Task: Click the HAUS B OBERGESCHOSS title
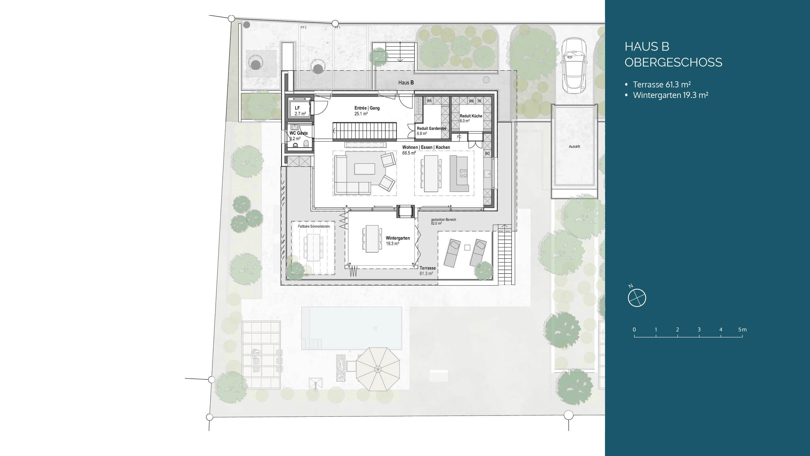tap(673, 54)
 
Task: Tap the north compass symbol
tap(637, 298)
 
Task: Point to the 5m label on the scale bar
tap(742, 330)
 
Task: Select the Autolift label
tap(574, 147)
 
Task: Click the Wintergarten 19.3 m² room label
tap(398, 241)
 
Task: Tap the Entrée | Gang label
tap(367, 108)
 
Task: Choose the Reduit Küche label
tap(471, 116)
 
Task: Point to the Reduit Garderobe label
tap(432, 128)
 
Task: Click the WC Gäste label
tap(298, 133)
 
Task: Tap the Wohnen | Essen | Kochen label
tap(426, 147)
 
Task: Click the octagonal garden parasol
tap(378, 369)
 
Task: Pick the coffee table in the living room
tap(364, 169)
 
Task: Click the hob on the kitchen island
tap(463, 173)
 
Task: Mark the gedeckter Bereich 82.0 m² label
tap(444, 221)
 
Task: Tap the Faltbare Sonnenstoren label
tap(314, 226)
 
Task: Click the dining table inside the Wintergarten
tap(372, 239)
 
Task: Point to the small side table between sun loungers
tap(467, 248)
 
